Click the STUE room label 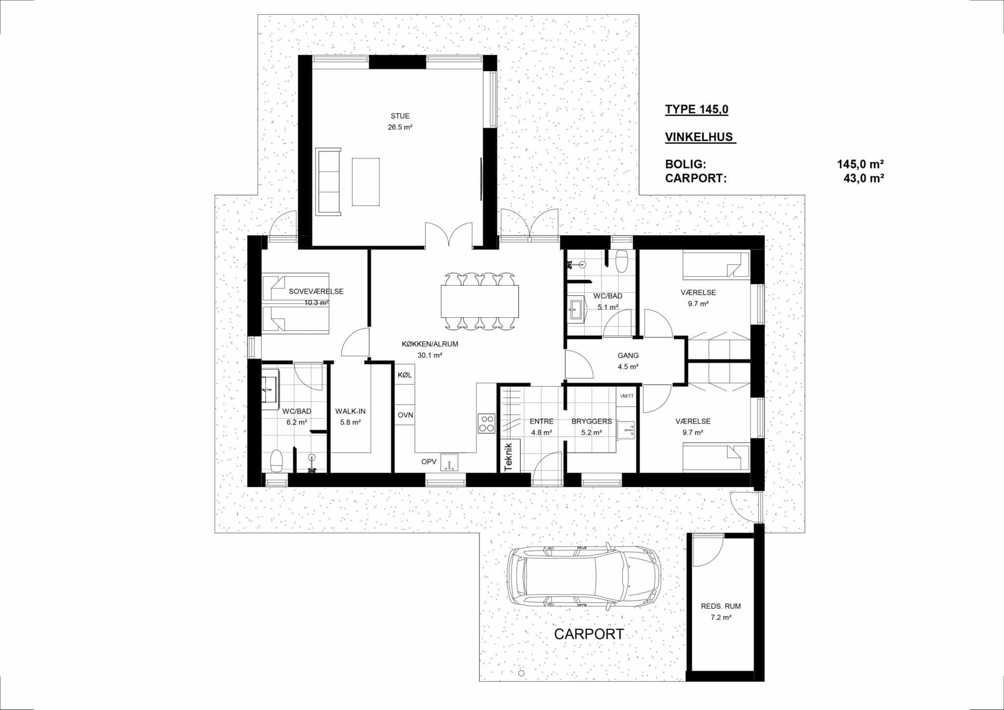tap(400, 116)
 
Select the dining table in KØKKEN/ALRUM tap(479, 301)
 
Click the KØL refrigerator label tap(405, 375)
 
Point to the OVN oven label tap(405, 415)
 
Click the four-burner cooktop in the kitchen tap(486, 423)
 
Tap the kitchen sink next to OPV tap(449, 462)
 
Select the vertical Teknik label tap(508, 456)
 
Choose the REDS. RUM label tap(721, 606)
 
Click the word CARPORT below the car tap(589, 634)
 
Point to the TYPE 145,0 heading tap(697, 109)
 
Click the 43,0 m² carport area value tap(863, 178)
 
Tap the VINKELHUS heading tap(701, 137)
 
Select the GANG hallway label tap(628, 355)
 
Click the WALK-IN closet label tap(350, 411)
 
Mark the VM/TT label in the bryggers tap(627, 396)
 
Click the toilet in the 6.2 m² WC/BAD tap(277, 461)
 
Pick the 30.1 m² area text tap(430, 355)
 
